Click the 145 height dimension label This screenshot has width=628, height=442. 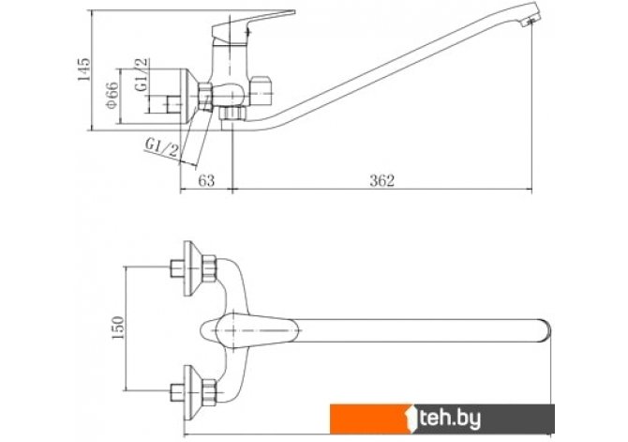(84, 69)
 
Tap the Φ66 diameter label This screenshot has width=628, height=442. (112, 95)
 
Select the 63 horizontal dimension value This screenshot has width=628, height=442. (206, 180)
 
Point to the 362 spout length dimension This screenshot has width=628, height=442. (381, 180)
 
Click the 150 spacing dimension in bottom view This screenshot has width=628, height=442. (118, 328)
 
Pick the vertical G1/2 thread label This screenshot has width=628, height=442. (142, 75)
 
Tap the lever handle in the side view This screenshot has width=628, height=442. (253, 24)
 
